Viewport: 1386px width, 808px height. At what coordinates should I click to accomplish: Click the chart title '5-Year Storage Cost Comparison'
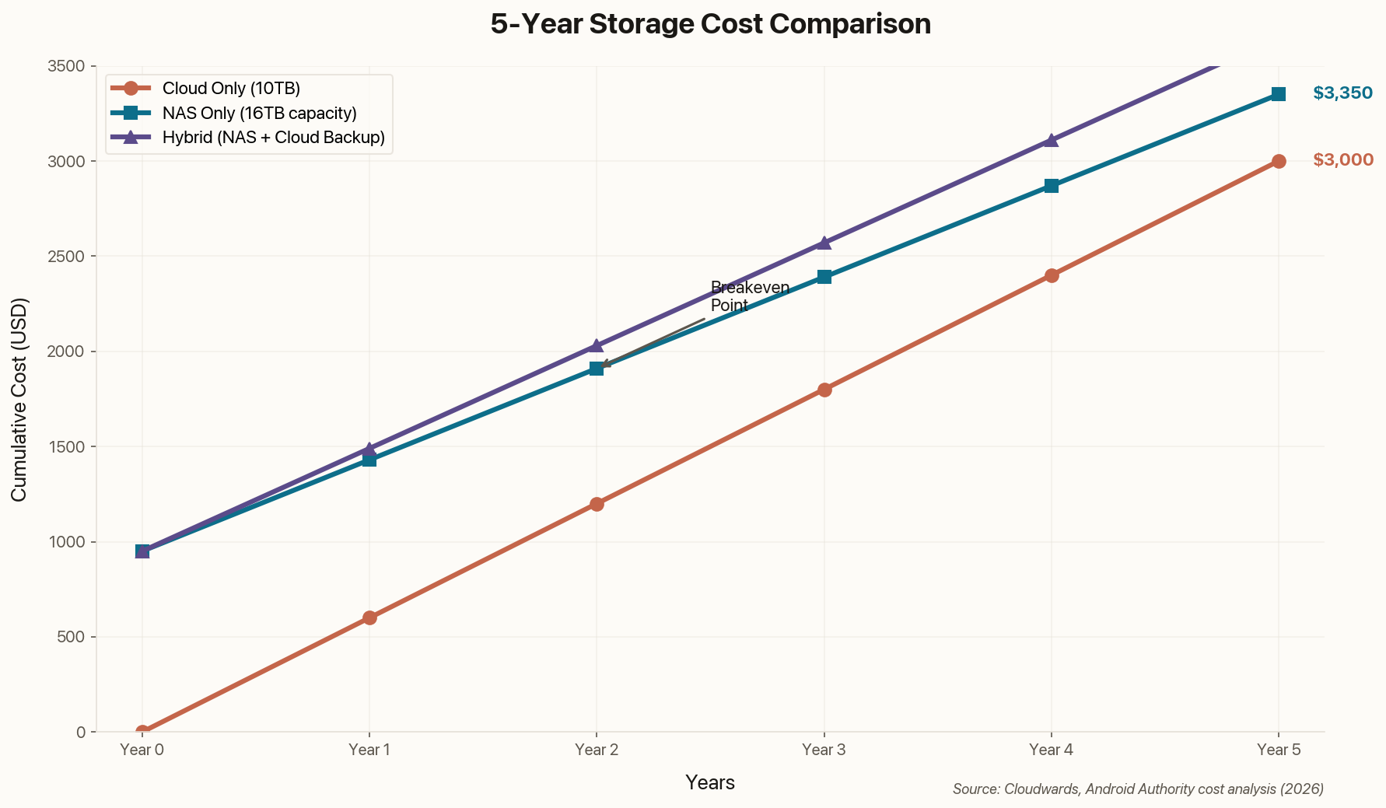pyautogui.click(x=710, y=24)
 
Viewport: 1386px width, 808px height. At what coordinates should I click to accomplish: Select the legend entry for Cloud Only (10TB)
pyautogui.click(x=231, y=89)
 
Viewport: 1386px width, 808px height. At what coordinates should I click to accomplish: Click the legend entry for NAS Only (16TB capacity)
pyautogui.click(x=259, y=114)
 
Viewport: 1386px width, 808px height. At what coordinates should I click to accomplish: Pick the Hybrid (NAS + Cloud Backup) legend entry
pyautogui.click(x=274, y=138)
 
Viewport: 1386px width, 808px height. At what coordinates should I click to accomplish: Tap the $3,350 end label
pyautogui.click(x=1342, y=93)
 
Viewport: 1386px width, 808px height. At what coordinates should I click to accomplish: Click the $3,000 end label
pyautogui.click(x=1342, y=160)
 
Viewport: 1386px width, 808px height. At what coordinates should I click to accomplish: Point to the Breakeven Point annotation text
pyautogui.click(x=749, y=296)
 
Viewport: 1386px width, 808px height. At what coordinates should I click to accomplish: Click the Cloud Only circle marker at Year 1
pyautogui.click(x=369, y=617)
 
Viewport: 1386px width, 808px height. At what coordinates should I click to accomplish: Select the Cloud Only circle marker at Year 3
pyautogui.click(x=824, y=390)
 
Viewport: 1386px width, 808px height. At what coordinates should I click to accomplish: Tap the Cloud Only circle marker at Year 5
pyautogui.click(x=1279, y=161)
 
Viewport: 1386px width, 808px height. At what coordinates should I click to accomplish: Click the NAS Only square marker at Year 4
pyautogui.click(x=1052, y=186)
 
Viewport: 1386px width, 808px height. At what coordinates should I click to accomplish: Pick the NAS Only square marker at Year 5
pyautogui.click(x=1279, y=94)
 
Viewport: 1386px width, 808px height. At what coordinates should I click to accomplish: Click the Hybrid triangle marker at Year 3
pyautogui.click(x=824, y=243)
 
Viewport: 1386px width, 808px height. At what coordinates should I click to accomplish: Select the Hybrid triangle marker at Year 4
pyautogui.click(x=1052, y=140)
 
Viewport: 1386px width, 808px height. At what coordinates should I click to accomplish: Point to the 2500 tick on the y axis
pyautogui.click(x=70, y=257)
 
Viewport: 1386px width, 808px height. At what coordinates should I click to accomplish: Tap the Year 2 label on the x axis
pyautogui.click(x=597, y=750)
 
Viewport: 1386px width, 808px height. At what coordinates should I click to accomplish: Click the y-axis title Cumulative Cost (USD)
pyautogui.click(x=20, y=399)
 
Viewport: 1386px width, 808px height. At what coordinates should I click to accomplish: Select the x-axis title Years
pyautogui.click(x=710, y=782)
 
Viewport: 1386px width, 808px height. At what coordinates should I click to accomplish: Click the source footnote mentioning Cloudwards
pyautogui.click(x=1138, y=789)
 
